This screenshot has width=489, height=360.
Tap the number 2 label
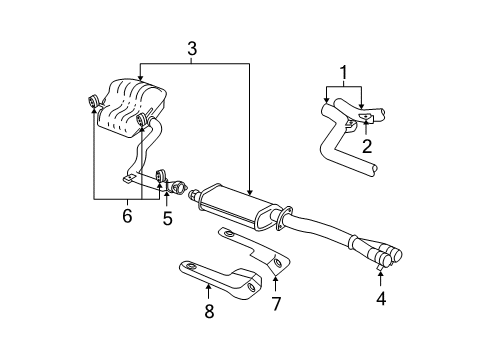[x=367, y=146]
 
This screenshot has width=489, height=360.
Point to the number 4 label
[x=380, y=298]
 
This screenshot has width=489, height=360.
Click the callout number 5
[x=166, y=216]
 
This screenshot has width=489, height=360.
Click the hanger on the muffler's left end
[x=92, y=101]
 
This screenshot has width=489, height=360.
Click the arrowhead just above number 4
[x=380, y=274]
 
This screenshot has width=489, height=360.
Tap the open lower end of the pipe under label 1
[x=374, y=172]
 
